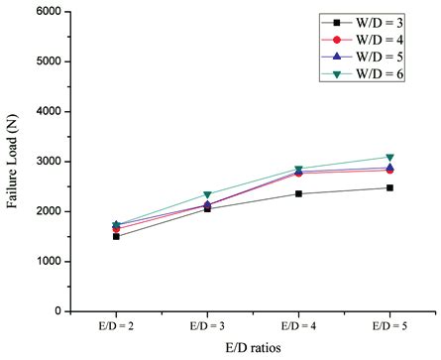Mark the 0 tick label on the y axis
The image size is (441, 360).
tap(52, 311)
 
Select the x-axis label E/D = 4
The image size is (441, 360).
tap(291, 324)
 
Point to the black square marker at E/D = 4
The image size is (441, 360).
tap(292, 193)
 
